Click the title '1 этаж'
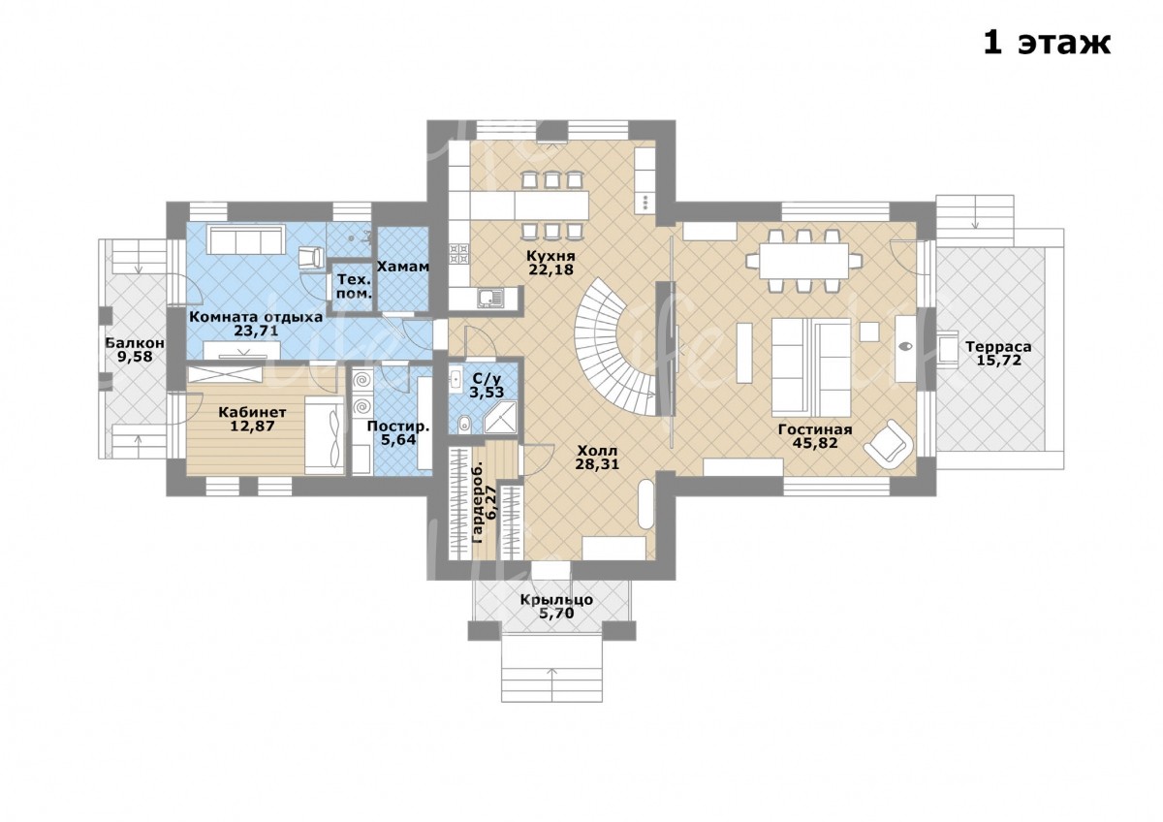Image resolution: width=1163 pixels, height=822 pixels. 1047,43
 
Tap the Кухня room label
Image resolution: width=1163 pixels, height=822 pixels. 550,256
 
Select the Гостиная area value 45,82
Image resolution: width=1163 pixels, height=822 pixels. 815,442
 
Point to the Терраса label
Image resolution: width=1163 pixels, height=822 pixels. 998,347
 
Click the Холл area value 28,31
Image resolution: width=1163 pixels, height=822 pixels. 597,463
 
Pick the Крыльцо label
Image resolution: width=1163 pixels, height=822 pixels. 556,600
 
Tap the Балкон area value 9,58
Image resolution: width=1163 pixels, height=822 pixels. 135,357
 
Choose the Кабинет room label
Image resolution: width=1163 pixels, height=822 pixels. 252,412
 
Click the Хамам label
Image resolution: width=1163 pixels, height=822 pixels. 403,267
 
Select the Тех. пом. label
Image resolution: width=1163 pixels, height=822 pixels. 355,287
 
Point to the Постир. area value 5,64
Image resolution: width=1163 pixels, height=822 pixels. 398,440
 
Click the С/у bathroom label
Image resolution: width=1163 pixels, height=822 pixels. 487,379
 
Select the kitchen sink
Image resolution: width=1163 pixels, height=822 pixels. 490,298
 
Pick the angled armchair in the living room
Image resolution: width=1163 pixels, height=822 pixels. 889,444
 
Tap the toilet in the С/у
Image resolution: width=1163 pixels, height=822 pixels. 464,424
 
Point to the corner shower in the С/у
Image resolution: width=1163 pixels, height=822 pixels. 502,417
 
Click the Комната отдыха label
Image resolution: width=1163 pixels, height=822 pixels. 256,317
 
